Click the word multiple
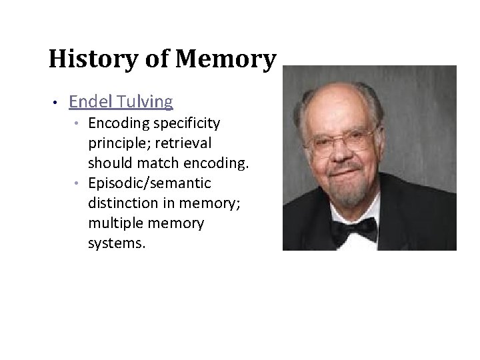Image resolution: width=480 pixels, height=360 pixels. tap(113, 224)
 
